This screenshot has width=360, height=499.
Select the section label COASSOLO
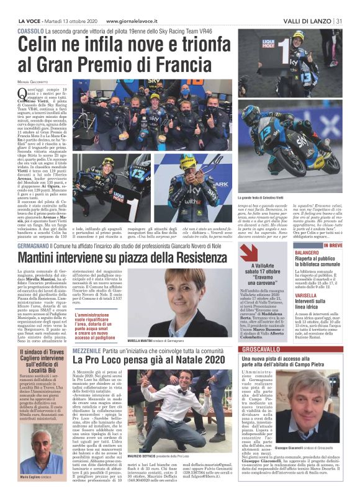(x=30, y=30)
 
